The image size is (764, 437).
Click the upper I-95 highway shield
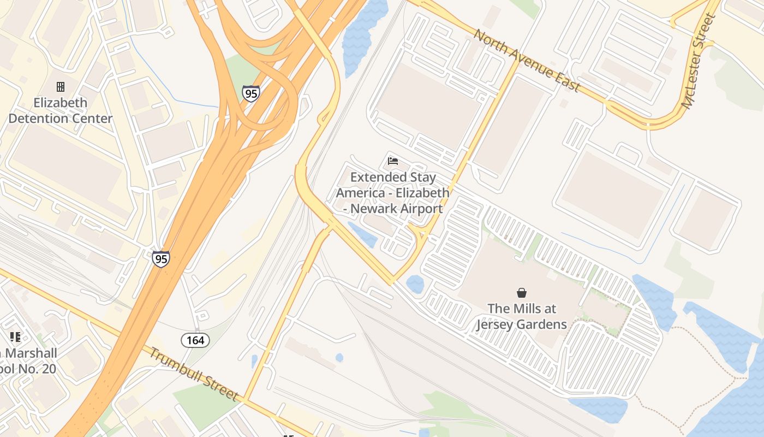(251, 93)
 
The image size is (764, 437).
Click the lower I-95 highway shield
(160, 258)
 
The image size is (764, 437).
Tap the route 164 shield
(195, 341)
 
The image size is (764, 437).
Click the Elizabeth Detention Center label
(60, 110)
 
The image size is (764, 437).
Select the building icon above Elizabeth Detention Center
(61, 87)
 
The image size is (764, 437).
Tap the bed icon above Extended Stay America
(392, 161)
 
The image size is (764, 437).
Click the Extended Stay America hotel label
(392, 193)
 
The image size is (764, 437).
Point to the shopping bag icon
(522, 293)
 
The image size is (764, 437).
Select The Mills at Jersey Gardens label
(522, 316)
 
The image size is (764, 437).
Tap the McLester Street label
(699, 61)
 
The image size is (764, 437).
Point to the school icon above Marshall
(15, 337)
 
